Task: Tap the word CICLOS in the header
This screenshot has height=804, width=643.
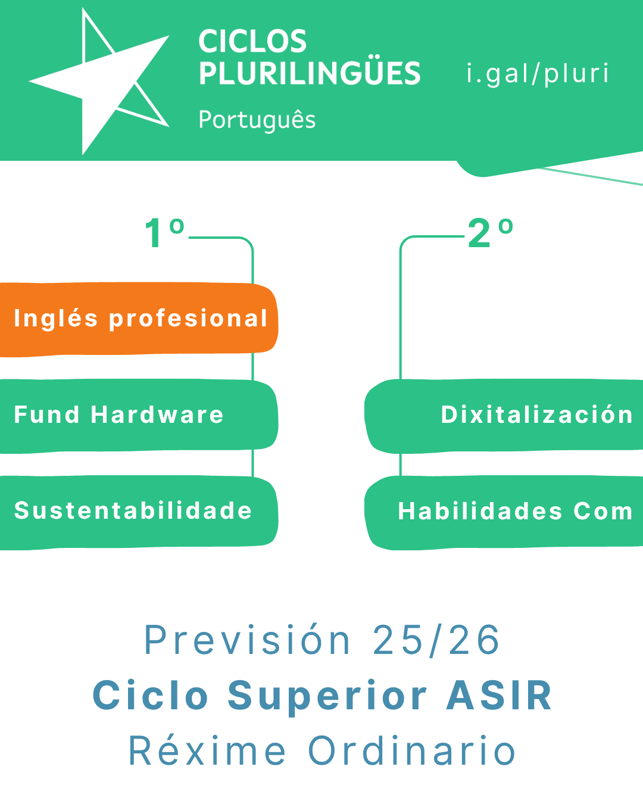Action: click(x=252, y=41)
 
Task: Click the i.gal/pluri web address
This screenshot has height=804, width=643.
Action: click(x=538, y=73)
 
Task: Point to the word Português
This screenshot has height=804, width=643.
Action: click(x=257, y=120)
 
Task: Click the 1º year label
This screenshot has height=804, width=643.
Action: click(x=165, y=233)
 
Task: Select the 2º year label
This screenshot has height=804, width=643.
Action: click(x=491, y=233)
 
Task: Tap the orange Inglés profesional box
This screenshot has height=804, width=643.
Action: click(x=138, y=319)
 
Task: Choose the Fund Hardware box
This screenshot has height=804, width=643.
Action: click(x=138, y=416)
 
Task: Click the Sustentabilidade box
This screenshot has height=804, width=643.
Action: click(x=138, y=512)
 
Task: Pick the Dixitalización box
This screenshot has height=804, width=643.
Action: click(x=504, y=416)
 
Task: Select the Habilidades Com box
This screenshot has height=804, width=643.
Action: click(x=504, y=512)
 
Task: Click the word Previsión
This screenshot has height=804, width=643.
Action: click(x=247, y=640)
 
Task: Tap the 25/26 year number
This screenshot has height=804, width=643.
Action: click(x=436, y=640)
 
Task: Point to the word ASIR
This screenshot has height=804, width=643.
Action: click(x=499, y=696)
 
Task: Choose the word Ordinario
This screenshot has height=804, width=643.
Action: click(x=412, y=750)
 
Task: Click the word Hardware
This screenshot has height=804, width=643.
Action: click(x=157, y=415)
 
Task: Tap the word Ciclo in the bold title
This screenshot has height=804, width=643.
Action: click(x=150, y=696)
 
